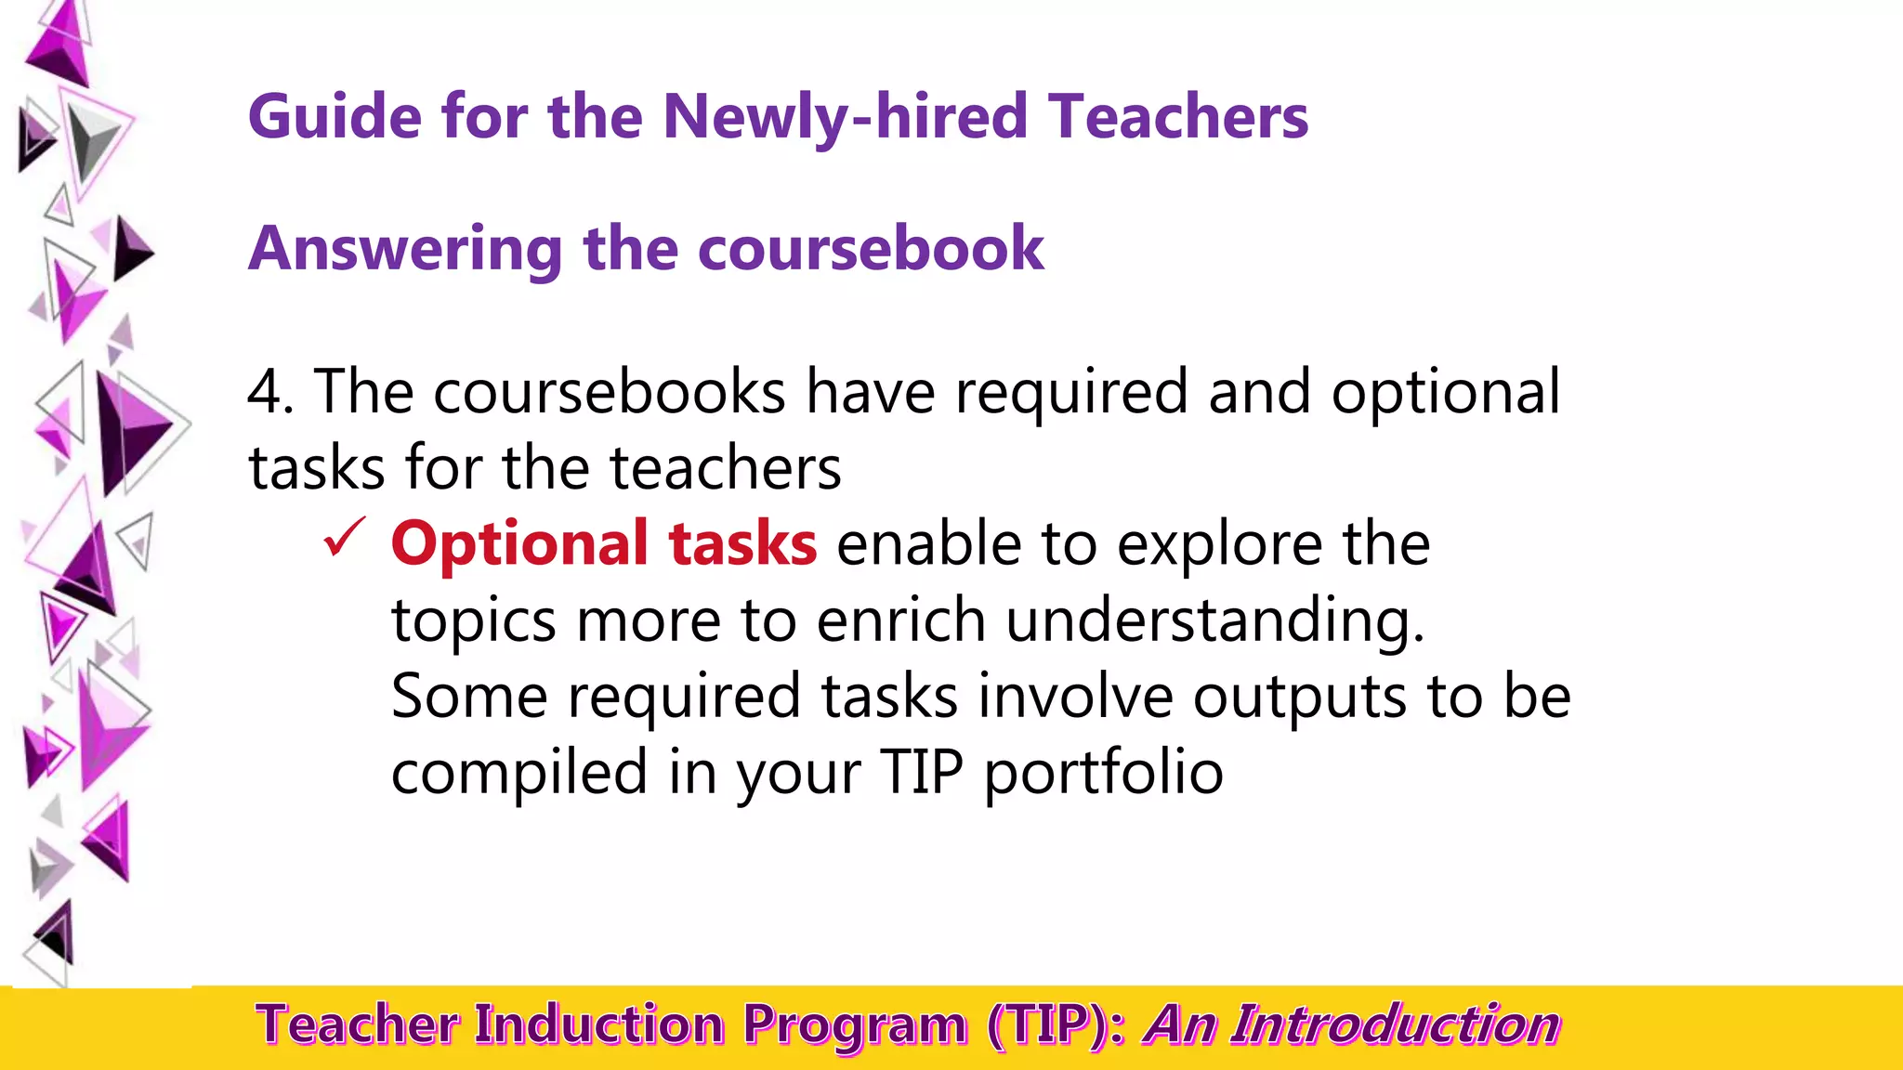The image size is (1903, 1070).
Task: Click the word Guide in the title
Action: pyautogui.click(x=335, y=117)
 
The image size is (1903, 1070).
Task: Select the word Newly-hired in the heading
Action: pyautogui.click(x=845, y=117)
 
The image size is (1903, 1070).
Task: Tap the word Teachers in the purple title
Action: pyautogui.click(x=1178, y=117)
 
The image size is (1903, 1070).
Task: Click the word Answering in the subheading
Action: pyautogui.click(x=405, y=249)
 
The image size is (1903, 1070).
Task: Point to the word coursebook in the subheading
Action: pyautogui.click(x=871, y=249)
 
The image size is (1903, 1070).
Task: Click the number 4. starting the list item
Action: pyautogui.click(x=270, y=392)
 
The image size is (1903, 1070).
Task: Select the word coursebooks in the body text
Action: pyautogui.click(x=610, y=392)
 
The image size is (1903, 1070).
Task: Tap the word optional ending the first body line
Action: pyautogui.click(x=1445, y=392)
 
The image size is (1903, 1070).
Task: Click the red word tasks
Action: pyautogui.click(x=742, y=544)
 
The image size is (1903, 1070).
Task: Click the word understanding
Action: pyautogui.click(x=1214, y=620)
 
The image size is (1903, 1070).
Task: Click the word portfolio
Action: pyautogui.click(x=1104, y=773)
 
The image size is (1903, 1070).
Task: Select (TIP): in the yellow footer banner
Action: pyautogui.click(x=1057, y=1025)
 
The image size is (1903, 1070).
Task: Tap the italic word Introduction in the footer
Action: pyautogui.click(x=1395, y=1025)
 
